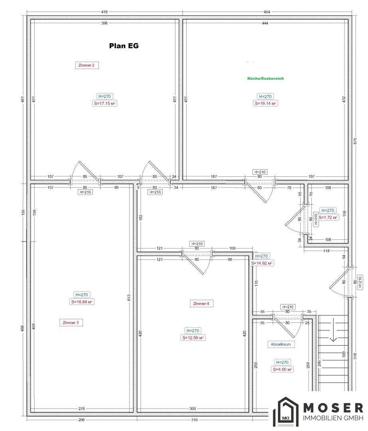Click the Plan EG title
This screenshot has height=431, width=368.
point(124,45)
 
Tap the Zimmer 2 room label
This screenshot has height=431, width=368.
point(87,65)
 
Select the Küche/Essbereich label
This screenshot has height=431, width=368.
point(266,78)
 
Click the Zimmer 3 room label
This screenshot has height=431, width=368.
point(71,323)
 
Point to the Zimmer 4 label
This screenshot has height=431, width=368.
point(201,304)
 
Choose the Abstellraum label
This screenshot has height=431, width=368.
point(281,344)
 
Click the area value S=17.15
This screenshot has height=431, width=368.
point(104,104)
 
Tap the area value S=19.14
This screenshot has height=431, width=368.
point(265,104)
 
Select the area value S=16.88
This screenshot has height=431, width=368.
point(82,302)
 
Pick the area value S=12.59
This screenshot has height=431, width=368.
point(193,338)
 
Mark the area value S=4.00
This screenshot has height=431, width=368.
point(282,370)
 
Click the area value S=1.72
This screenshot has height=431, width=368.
point(328,217)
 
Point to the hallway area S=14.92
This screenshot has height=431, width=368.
point(262,263)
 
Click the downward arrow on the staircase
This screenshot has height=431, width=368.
point(333,330)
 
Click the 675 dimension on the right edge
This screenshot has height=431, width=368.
point(355,141)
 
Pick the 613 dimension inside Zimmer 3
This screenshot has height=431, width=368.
point(129,298)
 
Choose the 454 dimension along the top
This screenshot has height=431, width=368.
point(267,12)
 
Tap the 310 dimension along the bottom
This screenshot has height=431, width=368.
point(194,420)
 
